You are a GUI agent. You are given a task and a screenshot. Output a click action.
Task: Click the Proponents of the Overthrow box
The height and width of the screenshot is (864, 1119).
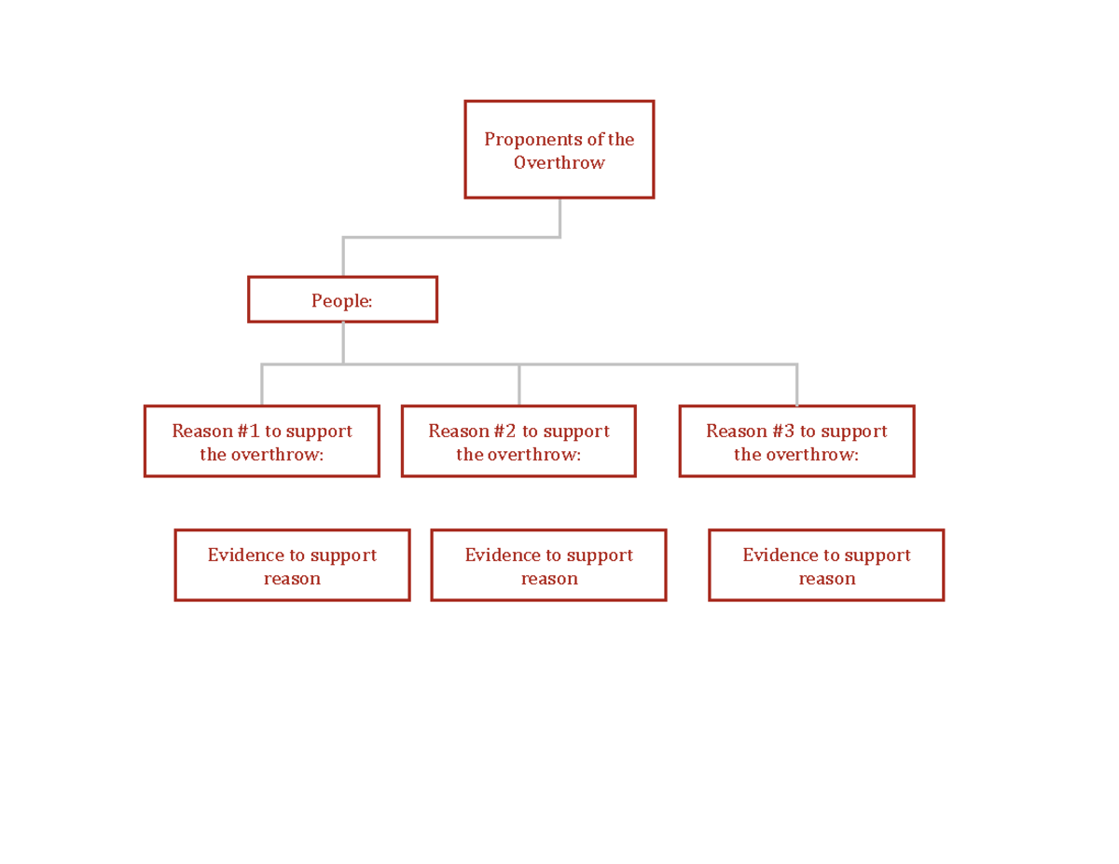[559, 149]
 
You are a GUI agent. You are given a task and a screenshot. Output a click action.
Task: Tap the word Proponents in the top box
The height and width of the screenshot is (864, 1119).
[528, 140]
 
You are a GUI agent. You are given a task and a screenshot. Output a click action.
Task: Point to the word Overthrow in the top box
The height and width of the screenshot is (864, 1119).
[559, 163]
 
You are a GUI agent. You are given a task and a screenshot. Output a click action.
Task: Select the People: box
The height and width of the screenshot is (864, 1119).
[342, 300]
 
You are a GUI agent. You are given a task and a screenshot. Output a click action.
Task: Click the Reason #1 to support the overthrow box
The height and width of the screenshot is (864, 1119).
[261, 442]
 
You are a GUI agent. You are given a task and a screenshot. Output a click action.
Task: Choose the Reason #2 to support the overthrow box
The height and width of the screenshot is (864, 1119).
[518, 442]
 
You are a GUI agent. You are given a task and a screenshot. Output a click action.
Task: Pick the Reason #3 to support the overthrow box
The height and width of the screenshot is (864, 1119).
[796, 442]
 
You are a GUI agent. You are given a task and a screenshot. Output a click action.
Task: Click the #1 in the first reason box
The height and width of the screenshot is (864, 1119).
[247, 432]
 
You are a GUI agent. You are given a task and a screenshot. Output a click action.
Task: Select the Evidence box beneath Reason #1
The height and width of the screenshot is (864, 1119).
[292, 566]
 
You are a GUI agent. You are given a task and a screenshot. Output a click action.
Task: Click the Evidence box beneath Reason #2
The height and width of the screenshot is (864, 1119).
[548, 566]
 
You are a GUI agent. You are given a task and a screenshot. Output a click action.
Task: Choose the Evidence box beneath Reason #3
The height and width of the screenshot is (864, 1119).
[826, 566]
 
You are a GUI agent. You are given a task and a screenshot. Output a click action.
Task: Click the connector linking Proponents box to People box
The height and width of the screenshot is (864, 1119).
[451, 238]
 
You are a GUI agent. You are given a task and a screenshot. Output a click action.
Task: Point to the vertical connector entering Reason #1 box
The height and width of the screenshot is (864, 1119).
[262, 385]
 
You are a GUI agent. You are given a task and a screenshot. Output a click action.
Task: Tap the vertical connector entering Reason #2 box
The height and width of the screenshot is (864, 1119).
[518, 385]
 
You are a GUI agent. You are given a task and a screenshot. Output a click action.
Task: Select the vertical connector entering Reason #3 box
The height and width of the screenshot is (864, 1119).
[796, 385]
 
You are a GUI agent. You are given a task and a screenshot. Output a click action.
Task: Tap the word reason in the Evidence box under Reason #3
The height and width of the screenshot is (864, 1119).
[826, 579]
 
